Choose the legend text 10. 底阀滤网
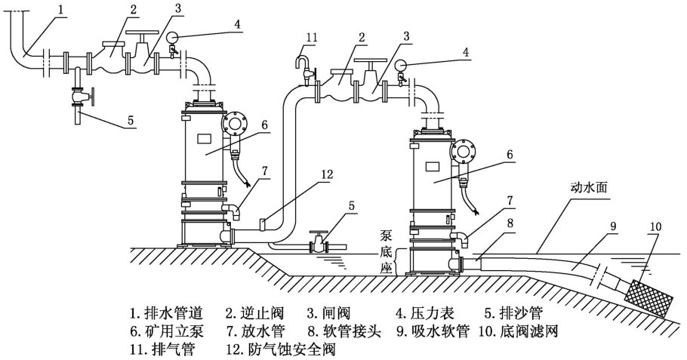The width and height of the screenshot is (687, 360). [x=519, y=331]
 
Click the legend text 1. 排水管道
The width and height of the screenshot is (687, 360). [x=167, y=311]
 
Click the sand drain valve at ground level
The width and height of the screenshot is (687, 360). [x=319, y=244]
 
